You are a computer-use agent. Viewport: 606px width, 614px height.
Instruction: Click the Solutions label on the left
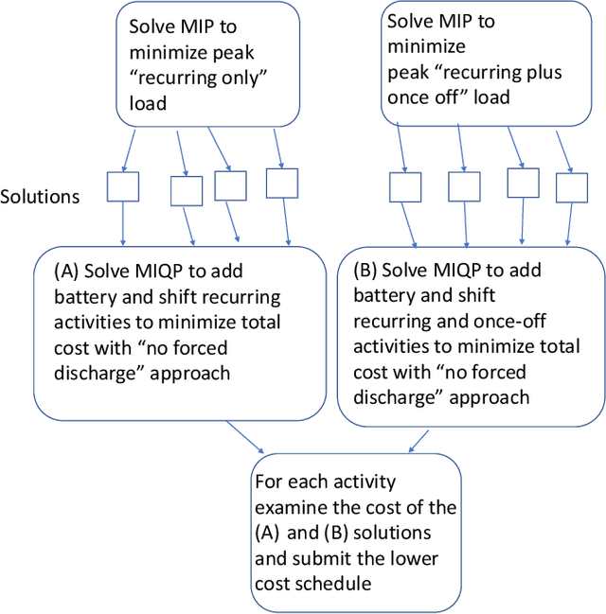pyautogui.click(x=40, y=196)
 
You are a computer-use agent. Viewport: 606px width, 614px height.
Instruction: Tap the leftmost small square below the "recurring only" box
pyautogui.click(x=122, y=186)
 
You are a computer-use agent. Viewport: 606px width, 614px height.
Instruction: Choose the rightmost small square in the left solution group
pyautogui.click(x=284, y=183)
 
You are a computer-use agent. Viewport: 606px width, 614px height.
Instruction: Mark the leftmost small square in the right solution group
pyautogui.click(x=405, y=186)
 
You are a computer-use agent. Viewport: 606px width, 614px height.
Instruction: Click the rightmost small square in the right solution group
pyautogui.click(x=572, y=186)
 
